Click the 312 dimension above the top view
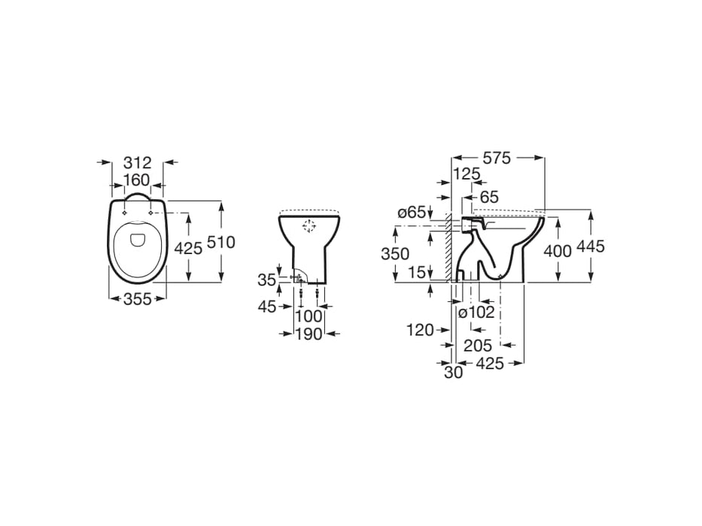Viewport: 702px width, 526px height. point(137,162)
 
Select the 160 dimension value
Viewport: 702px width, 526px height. point(137,180)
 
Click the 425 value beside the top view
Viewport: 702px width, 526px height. point(188,249)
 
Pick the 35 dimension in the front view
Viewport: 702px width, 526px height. point(266,280)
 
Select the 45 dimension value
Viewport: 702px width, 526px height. point(266,306)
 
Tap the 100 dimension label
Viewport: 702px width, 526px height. point(308,316)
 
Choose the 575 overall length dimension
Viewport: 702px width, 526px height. point(497,158)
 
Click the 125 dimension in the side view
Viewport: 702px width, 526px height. point(466,174)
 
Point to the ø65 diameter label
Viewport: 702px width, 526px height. point(412,213)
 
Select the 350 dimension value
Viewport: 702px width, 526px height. point(395,253)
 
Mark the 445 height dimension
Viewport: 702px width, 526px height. point(591,247)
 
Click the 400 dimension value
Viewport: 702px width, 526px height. point(558,251)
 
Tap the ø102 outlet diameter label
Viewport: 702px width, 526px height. point(477,312)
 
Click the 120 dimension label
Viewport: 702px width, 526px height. point(419,329)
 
